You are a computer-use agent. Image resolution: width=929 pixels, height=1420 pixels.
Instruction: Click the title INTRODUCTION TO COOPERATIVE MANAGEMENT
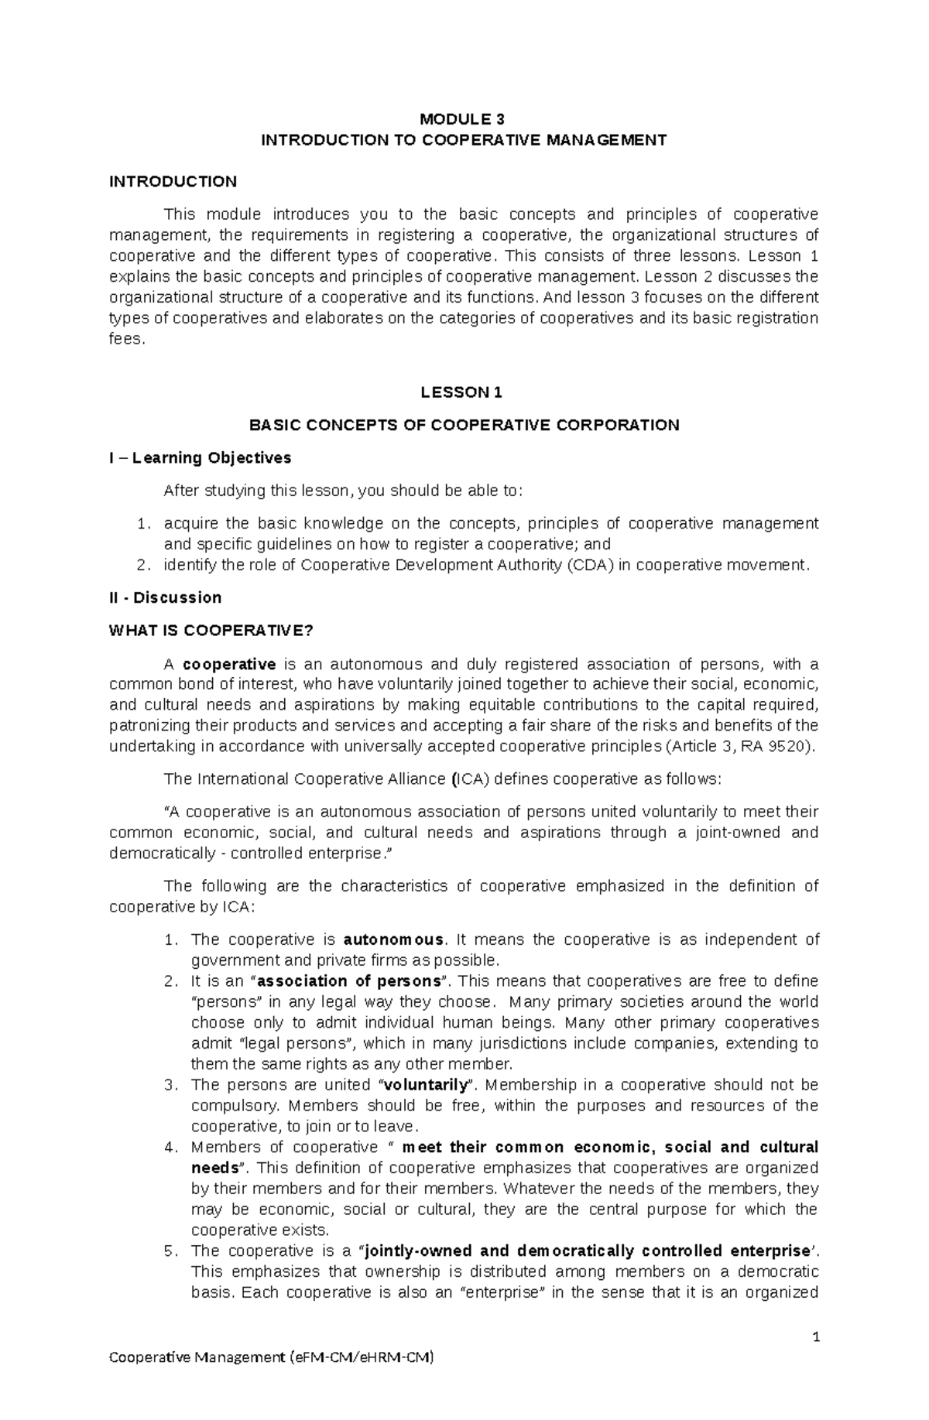pos(464,140)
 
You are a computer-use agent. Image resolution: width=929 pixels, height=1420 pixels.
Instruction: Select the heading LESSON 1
pos(461,392)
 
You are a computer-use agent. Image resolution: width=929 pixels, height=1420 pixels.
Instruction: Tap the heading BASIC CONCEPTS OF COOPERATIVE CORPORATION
pos(463,425)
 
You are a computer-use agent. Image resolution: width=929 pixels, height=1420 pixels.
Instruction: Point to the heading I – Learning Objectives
pos(200,458)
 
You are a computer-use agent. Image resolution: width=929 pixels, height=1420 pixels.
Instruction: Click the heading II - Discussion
pos(165,597)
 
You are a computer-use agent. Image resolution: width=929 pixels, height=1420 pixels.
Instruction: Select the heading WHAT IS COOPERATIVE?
pos(211,631)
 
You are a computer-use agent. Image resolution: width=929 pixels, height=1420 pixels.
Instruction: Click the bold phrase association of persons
pos(348,981)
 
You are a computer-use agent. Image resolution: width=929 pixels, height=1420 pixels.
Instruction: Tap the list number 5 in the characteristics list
pos(171,1251)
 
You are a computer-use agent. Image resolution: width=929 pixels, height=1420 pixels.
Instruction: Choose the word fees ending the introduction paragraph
pos(126,339)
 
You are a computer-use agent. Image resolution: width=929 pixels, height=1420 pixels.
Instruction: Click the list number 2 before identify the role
pos(141,565)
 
